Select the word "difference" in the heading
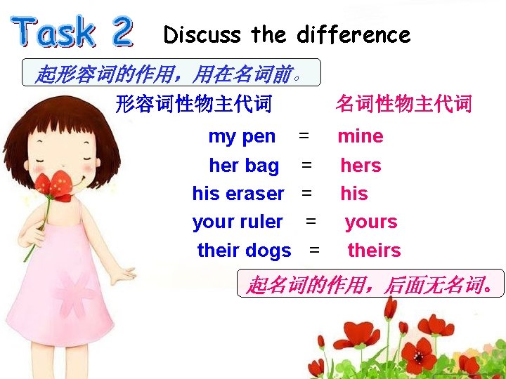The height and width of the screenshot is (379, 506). (353, 34)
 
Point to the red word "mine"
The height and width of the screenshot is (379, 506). (361, 135)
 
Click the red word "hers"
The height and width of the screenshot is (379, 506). (361, 166)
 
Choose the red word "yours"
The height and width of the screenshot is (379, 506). (371, 222)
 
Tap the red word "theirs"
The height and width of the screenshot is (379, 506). (374, 251)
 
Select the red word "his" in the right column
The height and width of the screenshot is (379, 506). (354, 193)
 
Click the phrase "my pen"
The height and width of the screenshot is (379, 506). (242, 135)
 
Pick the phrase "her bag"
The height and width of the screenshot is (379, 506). (244, 166)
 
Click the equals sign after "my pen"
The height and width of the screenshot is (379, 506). (303, 134)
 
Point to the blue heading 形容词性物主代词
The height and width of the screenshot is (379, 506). (193, 105)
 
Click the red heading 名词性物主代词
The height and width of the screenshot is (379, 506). (403, 105)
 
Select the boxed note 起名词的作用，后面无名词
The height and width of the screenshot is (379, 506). (370, 284)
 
